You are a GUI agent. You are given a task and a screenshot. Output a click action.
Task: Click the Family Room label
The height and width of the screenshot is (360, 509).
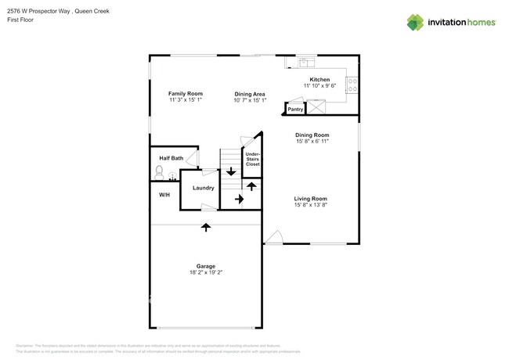click(x=186, y=93)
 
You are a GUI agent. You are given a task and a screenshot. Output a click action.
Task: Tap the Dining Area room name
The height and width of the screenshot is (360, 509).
click(x=250, y=94)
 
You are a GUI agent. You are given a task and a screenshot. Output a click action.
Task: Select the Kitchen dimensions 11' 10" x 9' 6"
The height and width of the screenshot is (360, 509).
click(x=319, y=86)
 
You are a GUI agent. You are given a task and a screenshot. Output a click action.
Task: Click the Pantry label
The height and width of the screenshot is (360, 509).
click(x=295, y=110)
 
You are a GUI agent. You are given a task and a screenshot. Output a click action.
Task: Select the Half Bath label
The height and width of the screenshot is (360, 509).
click(x=171, y=158)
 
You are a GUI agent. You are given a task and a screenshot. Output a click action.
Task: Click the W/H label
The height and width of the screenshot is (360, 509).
click(x=164, y=195)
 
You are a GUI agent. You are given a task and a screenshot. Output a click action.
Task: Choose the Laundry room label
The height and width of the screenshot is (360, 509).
click(x=203, y=188)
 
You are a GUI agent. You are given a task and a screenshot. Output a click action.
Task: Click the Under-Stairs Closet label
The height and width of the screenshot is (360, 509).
click(x=252, y=160)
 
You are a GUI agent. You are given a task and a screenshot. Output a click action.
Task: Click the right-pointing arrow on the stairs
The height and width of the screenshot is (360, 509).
click(x=240, y=200)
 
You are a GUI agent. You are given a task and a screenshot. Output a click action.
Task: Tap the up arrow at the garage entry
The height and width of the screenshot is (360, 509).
click(x=206, y=228)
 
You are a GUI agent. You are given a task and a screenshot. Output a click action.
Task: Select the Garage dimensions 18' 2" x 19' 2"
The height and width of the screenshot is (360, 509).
click(x=206, y=272)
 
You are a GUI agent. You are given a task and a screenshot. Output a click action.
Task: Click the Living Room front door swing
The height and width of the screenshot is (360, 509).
click(x=273, y=236)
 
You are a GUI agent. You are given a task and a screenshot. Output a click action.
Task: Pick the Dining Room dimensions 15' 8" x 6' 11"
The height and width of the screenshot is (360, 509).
click(x=312, y=141)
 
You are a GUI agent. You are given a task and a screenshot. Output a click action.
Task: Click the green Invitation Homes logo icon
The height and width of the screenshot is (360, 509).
click(x=415, y=22)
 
